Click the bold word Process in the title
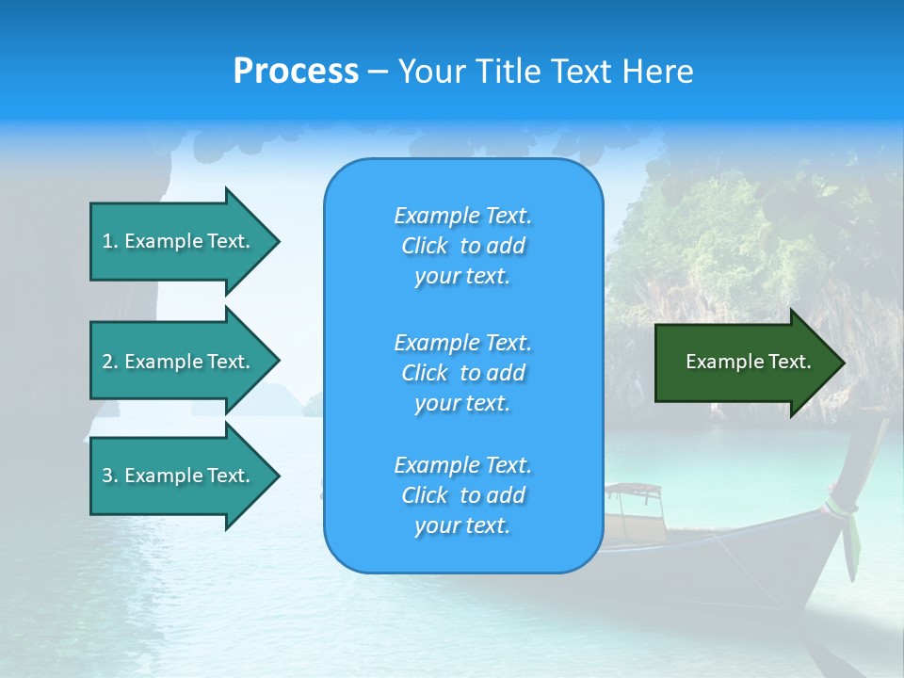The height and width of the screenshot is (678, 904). (x=296, y=72)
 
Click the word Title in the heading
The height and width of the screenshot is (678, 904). (x=508, y=72)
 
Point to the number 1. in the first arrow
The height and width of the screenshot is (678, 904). (x=110, y=241)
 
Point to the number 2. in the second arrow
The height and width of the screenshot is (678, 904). (x=110, y=362)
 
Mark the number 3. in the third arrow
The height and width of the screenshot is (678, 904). (x=110, y=476)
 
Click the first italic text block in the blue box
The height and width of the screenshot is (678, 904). (x=462, y=246)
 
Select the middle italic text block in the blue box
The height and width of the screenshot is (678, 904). (x=462, y=373)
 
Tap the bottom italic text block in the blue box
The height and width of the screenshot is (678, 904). (x=462, y=495)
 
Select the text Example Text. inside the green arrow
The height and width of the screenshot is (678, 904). (x=749, y=362)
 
